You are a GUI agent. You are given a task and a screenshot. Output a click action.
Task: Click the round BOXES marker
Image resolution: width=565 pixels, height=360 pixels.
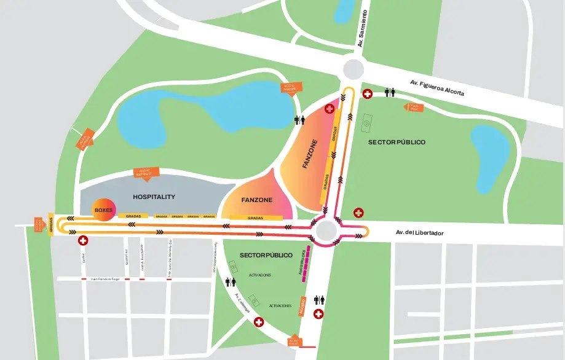[103, 210]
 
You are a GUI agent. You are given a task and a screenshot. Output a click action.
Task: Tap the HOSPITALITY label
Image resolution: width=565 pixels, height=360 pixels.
[154, 197]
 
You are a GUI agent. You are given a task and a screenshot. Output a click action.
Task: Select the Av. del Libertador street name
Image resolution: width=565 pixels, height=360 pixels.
[419, 233]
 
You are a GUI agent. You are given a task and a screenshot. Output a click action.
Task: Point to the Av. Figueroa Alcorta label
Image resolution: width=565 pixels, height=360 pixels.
[437, 88]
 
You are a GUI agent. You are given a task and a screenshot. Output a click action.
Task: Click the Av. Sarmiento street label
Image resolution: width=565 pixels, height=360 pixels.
[363, 28]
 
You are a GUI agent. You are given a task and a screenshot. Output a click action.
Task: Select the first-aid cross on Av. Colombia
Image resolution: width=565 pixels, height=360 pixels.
[258, 322]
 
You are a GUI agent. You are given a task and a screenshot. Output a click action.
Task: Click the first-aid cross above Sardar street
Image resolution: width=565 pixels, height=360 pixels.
[82, 241]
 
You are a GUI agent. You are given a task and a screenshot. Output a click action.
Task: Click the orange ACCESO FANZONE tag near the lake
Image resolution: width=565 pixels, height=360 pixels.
[290, 88]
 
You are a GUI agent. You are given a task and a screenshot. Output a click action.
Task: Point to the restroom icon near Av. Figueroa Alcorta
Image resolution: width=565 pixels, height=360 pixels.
[390, 93]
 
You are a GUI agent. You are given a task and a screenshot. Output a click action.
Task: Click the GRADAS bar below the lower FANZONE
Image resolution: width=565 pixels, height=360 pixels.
[255, 217]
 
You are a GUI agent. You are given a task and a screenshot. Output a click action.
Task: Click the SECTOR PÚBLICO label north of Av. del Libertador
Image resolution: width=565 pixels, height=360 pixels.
[397, 142]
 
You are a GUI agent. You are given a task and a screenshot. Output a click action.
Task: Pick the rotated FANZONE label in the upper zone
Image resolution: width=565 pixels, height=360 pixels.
[310, 154]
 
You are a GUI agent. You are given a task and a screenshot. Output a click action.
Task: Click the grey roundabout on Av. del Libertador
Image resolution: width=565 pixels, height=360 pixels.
[325, 231]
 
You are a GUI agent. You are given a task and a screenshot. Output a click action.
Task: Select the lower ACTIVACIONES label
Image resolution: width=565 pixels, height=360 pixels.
[280, 305]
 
